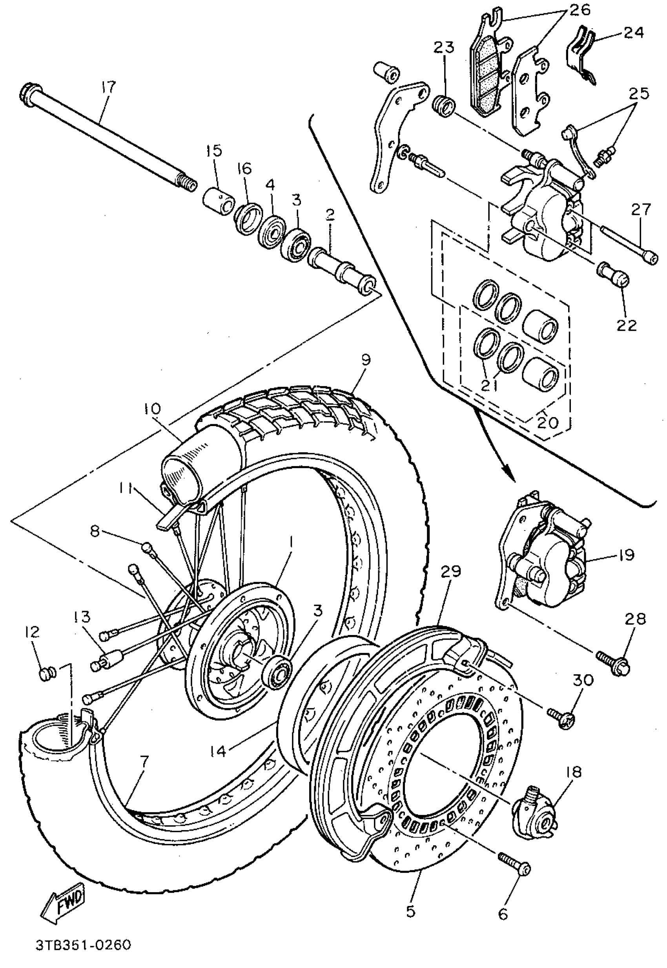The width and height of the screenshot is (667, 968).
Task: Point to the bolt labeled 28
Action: (613, 662)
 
